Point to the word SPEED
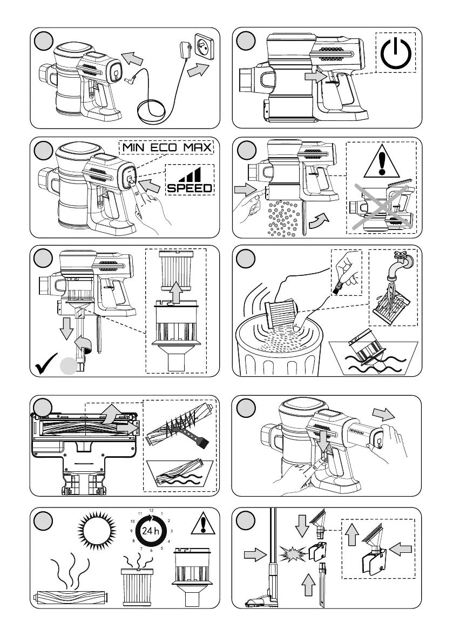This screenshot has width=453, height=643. click(x=189, y=188)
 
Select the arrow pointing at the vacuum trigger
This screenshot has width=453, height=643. click(x=315, y=77)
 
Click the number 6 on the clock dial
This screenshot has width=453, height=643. click(x=152, y=550)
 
